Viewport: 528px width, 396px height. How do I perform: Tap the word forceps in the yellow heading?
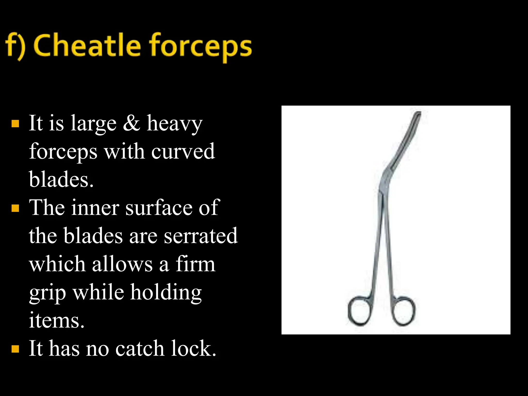201,46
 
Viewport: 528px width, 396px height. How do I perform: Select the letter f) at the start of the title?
15,46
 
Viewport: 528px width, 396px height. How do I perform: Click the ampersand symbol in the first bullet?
131,123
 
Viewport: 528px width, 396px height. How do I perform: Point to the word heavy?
175,124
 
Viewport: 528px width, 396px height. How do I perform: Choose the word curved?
183,151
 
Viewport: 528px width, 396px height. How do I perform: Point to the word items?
56,320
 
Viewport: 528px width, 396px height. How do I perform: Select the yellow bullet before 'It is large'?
15,124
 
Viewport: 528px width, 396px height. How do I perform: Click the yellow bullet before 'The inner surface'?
15,208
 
